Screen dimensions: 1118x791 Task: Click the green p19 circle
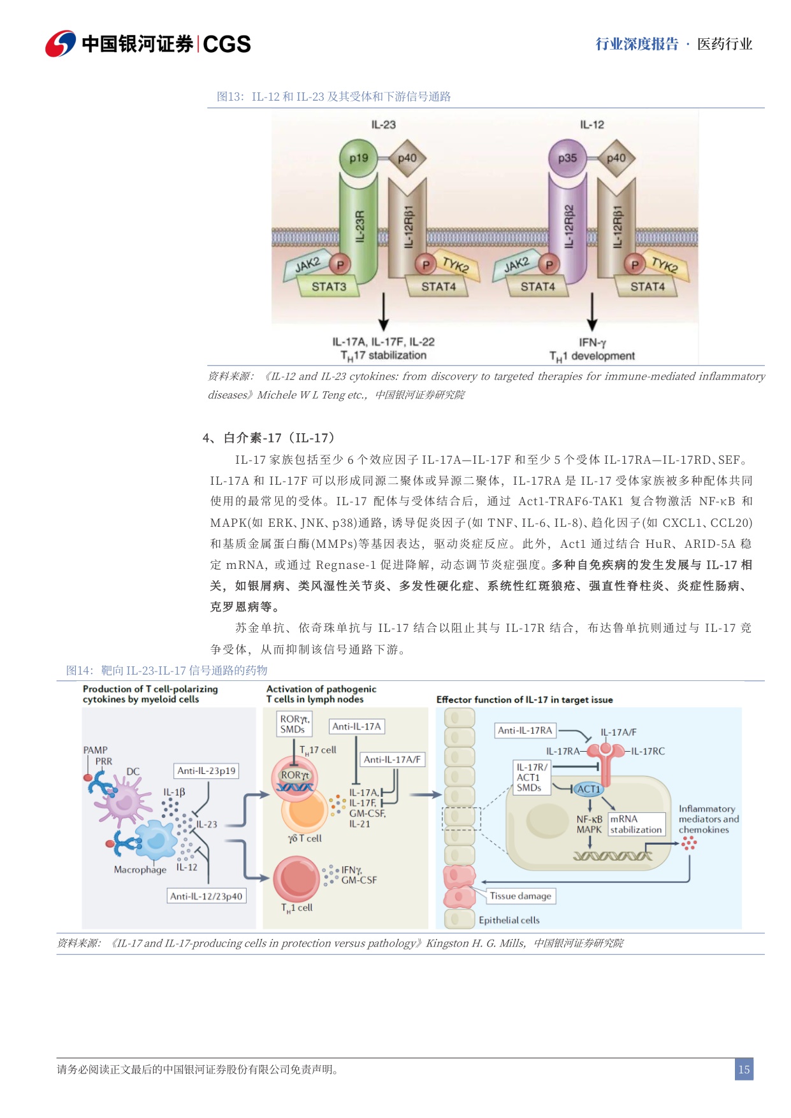click(x=358, y=158)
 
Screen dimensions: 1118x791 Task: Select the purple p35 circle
click(x=567, y=158)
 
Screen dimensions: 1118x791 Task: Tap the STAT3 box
click(x=329, y=287)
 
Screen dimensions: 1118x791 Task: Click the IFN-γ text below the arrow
click(x=592, y=343)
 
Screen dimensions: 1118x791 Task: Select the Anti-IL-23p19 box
click(x=206, y=771)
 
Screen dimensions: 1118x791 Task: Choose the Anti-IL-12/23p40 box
click(x=206, y=896)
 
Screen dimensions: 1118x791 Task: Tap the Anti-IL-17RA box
click(x=525, y=730)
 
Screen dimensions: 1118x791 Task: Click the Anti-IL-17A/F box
click(x=392, y=759)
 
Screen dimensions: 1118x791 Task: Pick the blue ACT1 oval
click(x=588, y=789)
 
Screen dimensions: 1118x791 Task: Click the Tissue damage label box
click(x=520, y=896)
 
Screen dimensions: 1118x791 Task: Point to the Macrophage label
click(x=140, y=870)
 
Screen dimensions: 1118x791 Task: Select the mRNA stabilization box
click(x=635, y=824)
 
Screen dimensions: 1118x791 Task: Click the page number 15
click(x=743, y=1070)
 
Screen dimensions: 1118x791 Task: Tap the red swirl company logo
click(x=61, y=43)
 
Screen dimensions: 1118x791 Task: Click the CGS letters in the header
click(x=227, y=44)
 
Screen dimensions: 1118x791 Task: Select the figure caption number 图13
click(x=229, y=97)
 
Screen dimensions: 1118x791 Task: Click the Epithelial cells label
click(x=509, y=920)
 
